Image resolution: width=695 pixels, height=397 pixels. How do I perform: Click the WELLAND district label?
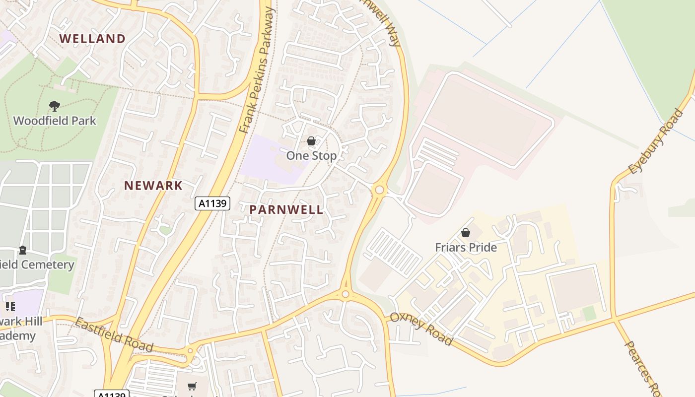(92, 39)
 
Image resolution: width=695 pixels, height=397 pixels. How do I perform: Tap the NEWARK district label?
(153, 186)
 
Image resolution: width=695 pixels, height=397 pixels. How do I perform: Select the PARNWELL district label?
(286, 209)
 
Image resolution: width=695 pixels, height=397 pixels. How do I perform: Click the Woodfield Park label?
(55, 121)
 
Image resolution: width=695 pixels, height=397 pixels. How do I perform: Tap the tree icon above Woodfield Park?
(54, 106)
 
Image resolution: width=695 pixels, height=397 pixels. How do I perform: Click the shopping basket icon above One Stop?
(311, 141)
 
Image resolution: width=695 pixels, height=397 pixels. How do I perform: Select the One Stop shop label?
(311, 156)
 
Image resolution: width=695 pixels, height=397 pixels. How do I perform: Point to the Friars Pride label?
(466, 247)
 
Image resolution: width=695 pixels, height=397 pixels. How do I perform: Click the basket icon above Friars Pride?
(466, 232)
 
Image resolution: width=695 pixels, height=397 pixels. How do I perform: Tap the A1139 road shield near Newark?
(212, 203)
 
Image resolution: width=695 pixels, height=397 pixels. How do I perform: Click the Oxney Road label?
(421, 329)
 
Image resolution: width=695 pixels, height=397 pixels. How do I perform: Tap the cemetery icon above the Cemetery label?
(23, 250)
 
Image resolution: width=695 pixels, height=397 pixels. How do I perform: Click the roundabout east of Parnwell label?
(380, 190)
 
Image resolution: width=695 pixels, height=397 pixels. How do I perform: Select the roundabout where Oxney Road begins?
(346, 294)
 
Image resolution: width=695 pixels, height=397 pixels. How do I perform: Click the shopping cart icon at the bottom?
(192, 386)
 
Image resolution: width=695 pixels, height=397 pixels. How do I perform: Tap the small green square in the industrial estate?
(589, 314)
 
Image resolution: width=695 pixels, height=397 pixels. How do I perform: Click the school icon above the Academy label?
(10, 307)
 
